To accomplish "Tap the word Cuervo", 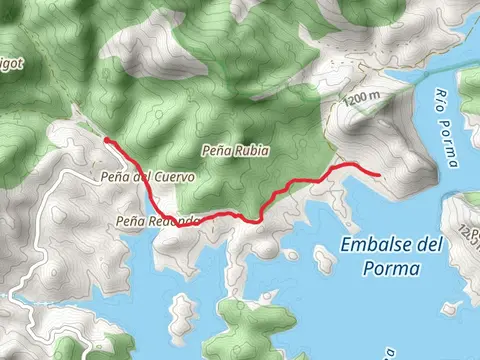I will click(x=174, y=176).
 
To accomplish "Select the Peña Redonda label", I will click(x=158, y=220).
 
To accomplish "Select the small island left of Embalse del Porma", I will click(x=323, y=259).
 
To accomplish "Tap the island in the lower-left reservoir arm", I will click(x=183, y=312).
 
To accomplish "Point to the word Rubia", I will click(x=251, y=150).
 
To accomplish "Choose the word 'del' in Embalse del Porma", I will click(x=428, y=245).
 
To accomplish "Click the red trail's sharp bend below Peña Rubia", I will click(x=258, y=219).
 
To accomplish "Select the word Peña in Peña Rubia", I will click(x=216, y=150).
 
